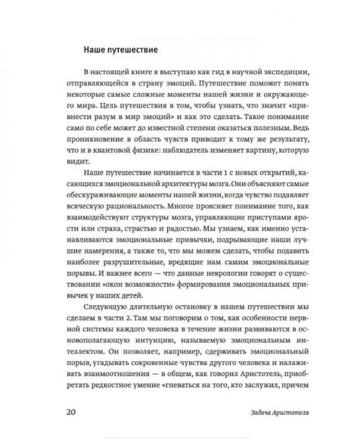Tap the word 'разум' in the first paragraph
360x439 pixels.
coord(123,116)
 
